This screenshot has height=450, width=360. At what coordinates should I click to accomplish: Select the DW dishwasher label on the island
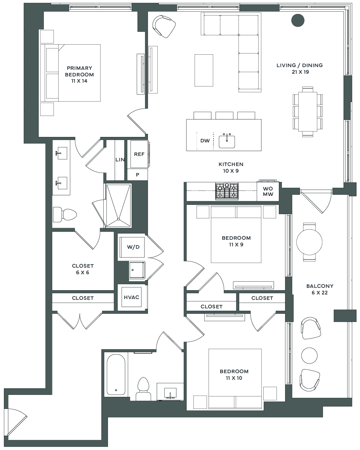(205, 141)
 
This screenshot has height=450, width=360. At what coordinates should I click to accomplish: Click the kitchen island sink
(227, 141)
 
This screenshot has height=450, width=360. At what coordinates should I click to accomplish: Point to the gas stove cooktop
(227, 191)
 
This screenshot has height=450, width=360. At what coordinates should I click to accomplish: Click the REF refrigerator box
(139, 154)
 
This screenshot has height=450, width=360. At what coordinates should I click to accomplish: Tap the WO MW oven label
(268, 191)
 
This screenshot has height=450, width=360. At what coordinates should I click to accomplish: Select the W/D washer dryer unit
(133, 247)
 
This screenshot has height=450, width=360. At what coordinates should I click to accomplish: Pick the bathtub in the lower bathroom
(116, 374)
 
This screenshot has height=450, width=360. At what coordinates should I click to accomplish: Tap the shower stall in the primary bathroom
(118, 206)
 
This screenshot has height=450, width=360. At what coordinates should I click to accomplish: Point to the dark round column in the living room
(298, 21)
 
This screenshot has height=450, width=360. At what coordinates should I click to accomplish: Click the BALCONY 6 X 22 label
(320, 289)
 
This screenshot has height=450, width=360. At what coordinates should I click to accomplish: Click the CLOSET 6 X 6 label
(83, 269)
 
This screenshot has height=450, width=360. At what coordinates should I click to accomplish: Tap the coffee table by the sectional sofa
(204, 70)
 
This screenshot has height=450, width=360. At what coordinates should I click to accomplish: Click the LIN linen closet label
(120, 160)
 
